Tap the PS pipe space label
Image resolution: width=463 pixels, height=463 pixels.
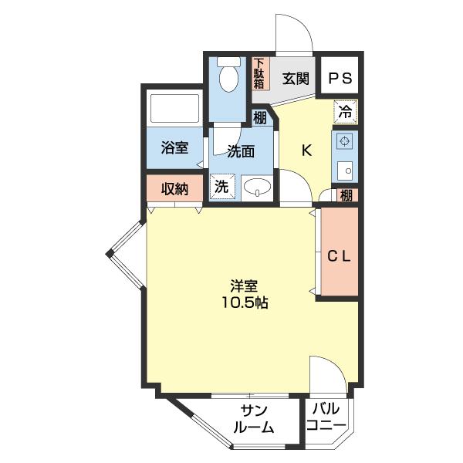[340, 79]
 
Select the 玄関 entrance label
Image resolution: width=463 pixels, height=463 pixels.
[296, 79]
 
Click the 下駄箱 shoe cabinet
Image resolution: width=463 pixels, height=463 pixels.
[261, 73]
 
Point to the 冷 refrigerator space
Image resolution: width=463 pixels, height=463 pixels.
[346, 112]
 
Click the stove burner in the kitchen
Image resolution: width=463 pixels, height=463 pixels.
[344, 141]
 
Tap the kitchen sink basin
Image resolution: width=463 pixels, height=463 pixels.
[345, 171]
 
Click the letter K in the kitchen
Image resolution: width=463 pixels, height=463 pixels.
[306, 151]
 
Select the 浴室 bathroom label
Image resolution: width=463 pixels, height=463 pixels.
[175, 147]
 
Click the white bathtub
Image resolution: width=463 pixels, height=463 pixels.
[175, 108]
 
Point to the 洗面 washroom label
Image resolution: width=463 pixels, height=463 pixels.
[241, 151]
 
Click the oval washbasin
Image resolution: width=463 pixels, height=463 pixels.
[258, 188]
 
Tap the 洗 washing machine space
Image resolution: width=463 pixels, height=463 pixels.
[222, 186]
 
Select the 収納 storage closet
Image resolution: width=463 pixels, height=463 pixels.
[175, 188]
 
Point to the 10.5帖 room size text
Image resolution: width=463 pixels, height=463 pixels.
[245, 302]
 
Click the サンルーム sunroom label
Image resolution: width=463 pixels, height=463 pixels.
[254, 419]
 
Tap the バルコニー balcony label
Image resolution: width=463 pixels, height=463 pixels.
[326, 417]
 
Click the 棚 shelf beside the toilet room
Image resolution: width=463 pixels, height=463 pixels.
[260, 118]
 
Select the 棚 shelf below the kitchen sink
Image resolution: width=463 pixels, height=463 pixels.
[346, 195]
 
